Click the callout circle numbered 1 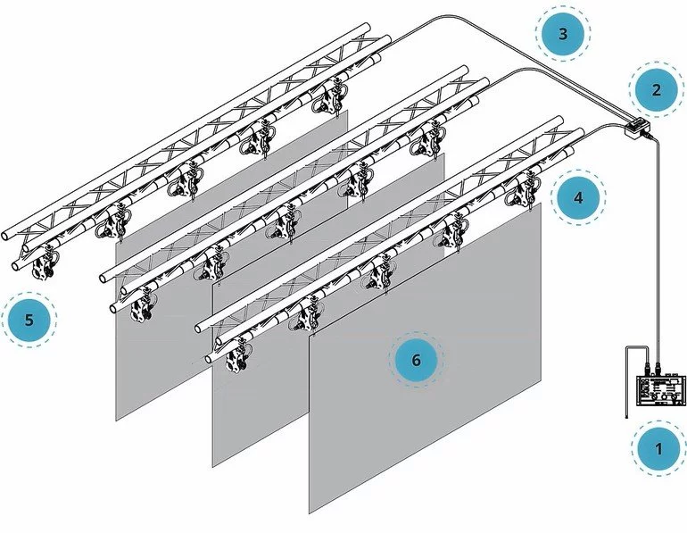click(658, 449)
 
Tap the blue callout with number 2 click(656, 90)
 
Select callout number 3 click(563, 34)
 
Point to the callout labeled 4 click(578, 197)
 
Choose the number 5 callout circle click(29, 320)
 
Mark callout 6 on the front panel click(417, 360)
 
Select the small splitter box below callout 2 click(637, 128)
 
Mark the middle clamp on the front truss click(380, 272)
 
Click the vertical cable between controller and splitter click(658, 246)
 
